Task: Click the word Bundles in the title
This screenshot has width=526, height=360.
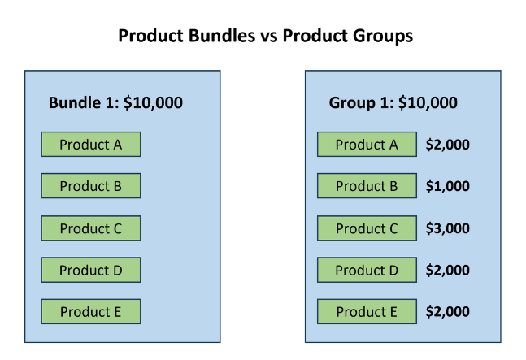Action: [x=221, y=36]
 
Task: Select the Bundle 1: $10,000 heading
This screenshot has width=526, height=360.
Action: [x=115, y=102]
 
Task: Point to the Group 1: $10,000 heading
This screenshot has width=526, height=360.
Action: [x=393, y=103]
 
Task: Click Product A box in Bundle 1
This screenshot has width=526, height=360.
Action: [x=91, y=144]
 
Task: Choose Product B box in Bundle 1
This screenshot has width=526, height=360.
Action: [x=91, y=186]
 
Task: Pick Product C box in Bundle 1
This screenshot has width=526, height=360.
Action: [x=91, y=228]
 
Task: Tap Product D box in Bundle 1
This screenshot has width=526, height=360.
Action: [x=91, y=270]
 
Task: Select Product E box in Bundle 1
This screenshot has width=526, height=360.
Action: [x=91, y=311]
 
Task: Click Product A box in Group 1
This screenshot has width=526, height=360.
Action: [x=367, y=144]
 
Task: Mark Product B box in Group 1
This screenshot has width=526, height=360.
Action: [x=367, y=186]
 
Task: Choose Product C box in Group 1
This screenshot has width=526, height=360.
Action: [x=367, y=228]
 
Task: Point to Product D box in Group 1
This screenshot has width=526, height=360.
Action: [x=367, y=270]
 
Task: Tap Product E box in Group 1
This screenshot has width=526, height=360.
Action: [x=367, y=311]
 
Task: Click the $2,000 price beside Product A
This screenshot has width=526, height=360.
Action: [x=447, y=145]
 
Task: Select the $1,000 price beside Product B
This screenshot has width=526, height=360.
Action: [x=447, y=186]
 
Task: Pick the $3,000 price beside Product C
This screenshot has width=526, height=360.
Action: [x=447, y=228]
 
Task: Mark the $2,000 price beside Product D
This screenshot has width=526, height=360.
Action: [x=447, y=270]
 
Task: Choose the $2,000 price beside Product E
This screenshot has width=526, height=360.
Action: [x=447, y=311]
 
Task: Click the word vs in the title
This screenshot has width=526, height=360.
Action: [x=269, y=37]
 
